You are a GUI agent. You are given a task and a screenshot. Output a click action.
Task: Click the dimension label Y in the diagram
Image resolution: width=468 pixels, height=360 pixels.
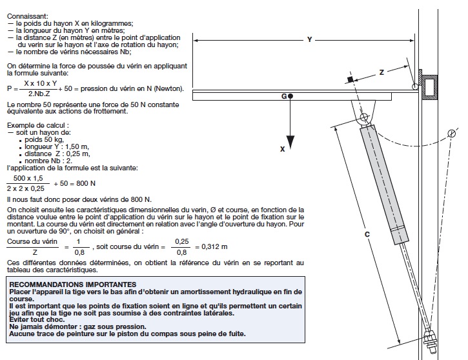click(309, 40)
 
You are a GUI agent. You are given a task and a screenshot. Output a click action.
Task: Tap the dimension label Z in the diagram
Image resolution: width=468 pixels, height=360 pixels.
click(382, 73)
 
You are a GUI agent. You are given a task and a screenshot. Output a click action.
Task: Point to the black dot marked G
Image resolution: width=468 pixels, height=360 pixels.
click(291, 97)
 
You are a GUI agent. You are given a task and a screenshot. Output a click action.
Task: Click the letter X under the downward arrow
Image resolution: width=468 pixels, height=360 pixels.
click(283, 149)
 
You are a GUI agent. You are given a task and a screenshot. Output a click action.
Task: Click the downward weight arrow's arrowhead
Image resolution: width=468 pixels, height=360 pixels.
click(291, 140)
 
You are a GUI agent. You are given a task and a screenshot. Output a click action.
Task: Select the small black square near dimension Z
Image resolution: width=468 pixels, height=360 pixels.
click(349, 79)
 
